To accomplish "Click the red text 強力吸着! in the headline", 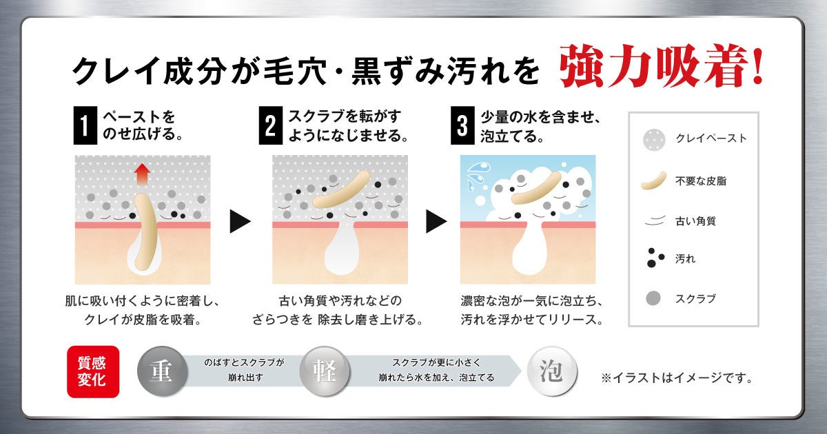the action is [x=661, y=66].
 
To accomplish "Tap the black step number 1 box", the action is [x=85, y=125].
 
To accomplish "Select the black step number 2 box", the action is [x=271, y=125].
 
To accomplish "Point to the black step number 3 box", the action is [x=462, y=125].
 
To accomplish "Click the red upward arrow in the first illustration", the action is [x=142, y=174].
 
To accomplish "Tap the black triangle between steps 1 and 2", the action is [x=240, y=221].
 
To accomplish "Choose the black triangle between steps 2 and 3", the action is [x=436, y=221].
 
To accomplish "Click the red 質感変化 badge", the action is [x=93, y=371].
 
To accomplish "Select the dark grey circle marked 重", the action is [x=162, y=371].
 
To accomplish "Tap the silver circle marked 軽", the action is [x=325, y=371].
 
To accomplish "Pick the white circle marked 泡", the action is [x=552, y=371].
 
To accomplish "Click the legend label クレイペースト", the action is [x=711, y=138].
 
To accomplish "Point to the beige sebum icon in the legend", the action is [x=653, y=180].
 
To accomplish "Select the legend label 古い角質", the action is [x=695, y=221].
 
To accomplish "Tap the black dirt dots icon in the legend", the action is [x=655, y=258].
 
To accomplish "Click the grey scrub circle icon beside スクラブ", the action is [x=653, y=298].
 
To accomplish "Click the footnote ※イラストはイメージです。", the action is [x=677, y=378].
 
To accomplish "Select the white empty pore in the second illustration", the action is [x=343, y=248].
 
